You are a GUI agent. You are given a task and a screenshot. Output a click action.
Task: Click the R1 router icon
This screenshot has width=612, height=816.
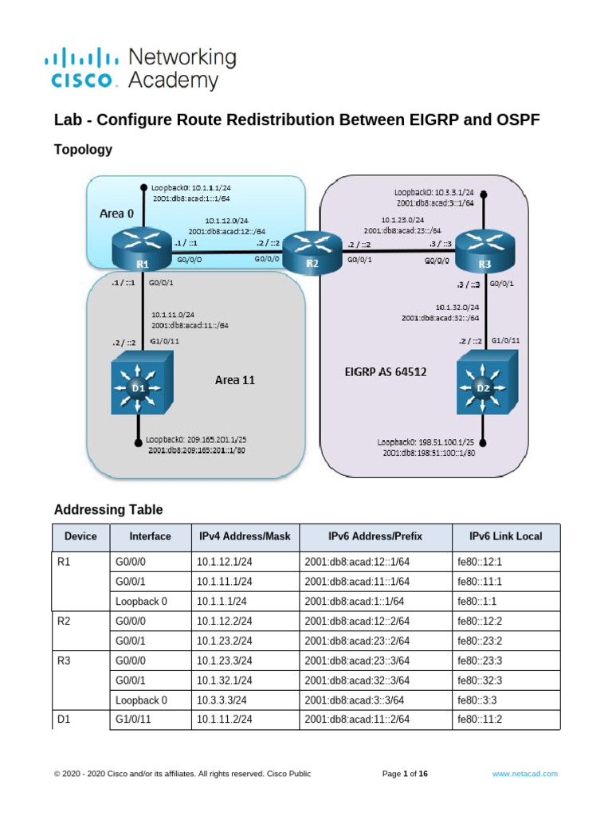142,248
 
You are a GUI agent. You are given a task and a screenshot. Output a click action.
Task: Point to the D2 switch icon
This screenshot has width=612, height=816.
484,387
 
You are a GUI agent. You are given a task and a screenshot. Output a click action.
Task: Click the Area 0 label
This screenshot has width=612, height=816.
116,214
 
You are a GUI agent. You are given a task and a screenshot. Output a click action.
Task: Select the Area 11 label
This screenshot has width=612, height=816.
235,380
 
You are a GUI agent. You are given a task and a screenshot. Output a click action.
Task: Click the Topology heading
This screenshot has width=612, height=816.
83,149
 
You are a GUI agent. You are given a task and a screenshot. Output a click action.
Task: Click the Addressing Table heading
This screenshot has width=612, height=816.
108,509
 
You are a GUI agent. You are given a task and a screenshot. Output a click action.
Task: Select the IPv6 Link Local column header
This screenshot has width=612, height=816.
505,536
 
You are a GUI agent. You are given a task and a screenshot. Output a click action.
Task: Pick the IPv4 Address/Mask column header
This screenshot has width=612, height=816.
245,536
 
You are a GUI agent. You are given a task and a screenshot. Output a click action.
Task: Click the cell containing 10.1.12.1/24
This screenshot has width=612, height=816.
225,562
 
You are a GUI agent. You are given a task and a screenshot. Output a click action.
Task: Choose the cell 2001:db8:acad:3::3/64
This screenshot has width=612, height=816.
357,700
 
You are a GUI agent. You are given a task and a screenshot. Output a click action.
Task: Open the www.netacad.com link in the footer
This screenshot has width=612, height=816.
524,773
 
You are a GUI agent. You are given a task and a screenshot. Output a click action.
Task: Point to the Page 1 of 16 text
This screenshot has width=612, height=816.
406,773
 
